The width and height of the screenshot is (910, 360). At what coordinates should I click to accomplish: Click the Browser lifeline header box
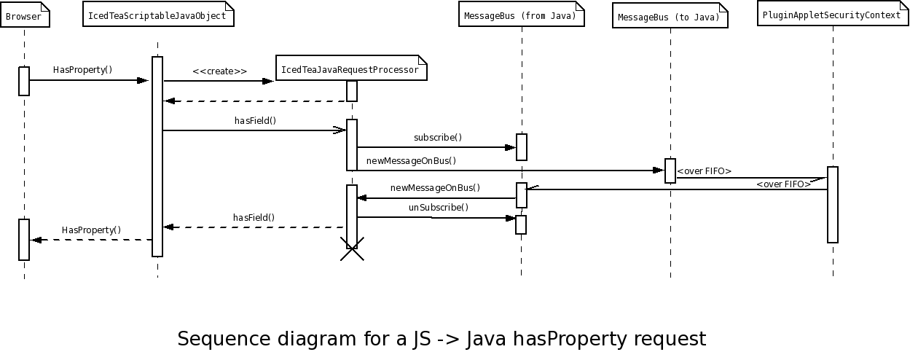(x=25, y=17)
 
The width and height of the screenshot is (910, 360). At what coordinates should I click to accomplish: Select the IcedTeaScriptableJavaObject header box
(x=158, y=15)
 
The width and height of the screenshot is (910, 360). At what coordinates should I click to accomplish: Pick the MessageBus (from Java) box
(x=522, y=15)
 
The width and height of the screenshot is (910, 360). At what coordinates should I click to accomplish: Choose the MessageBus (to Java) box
(x=670, y=17)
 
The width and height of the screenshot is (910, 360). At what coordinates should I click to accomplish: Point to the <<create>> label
(x=219, y=71)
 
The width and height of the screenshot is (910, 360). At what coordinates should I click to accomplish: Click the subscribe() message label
(x=438, y=137)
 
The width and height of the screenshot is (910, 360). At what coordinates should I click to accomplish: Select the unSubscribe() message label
(x=438, y=208)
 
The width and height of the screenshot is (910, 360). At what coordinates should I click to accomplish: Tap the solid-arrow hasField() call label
(x=255, y=121)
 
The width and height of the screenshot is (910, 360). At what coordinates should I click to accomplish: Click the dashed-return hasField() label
(x=254, y=217)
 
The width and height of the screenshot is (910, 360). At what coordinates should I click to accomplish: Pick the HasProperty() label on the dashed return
(x=91, y=230)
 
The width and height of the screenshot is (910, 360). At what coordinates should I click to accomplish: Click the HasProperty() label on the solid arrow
(x=82, y=70)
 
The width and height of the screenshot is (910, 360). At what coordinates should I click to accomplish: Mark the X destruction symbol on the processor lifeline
(x=352, y=249)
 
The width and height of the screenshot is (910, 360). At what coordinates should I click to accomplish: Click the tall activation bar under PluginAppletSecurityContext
(x=833, y=204)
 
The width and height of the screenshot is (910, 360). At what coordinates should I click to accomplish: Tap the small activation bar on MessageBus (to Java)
(x=670, y=171)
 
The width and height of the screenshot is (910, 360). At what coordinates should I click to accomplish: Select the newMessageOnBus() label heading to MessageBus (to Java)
(x=411, y=161)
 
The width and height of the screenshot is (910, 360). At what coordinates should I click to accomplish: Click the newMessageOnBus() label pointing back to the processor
(x=435, y=188)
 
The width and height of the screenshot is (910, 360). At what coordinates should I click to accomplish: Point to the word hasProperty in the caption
(x=569, y=339)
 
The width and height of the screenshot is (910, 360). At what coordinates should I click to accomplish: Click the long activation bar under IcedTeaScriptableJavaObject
(x=157, y=157)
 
